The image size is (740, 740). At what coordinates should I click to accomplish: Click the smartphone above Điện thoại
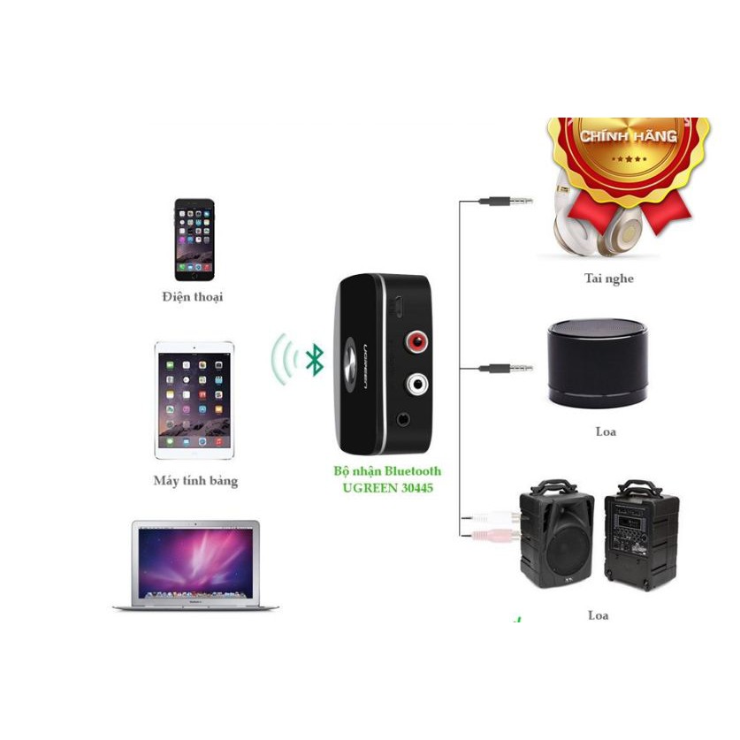pyautogui.click(x=194, y=240)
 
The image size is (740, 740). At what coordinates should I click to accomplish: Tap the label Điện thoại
pyautogui.click(x=193, y=297)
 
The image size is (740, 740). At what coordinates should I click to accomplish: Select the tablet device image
pyautogui.click(x=195, y=400)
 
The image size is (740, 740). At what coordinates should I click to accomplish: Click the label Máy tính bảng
pyautogui.click(x=195, y=482)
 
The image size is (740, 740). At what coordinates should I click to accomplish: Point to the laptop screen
pyautogui.click(x=196, y=559)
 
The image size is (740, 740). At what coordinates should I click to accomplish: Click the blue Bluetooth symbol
pyautogui.click(x=314, y=359)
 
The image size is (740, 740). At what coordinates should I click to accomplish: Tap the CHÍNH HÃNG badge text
pyautogui.click(x=628, y=136)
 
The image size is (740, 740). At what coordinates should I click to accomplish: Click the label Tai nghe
pyautogui.click(x=609, y=279)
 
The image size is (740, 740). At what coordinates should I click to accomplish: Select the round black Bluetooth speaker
pyautogui.click(x=597, y=363)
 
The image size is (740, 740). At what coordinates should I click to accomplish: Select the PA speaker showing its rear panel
pyautogui.click(x=641, y=536)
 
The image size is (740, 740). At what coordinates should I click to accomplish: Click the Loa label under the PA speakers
pyautogui.click(x=598, y=615)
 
